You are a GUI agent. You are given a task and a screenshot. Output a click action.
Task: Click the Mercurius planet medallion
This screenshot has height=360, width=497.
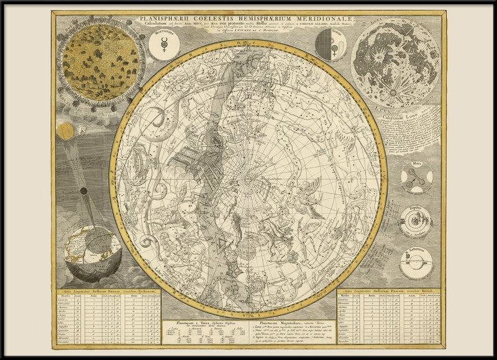[164, 46]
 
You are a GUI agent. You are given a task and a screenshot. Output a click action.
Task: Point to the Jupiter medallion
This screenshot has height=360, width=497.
[416, 220]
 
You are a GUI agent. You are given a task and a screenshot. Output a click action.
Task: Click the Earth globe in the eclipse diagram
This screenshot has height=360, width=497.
[93, 251]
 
